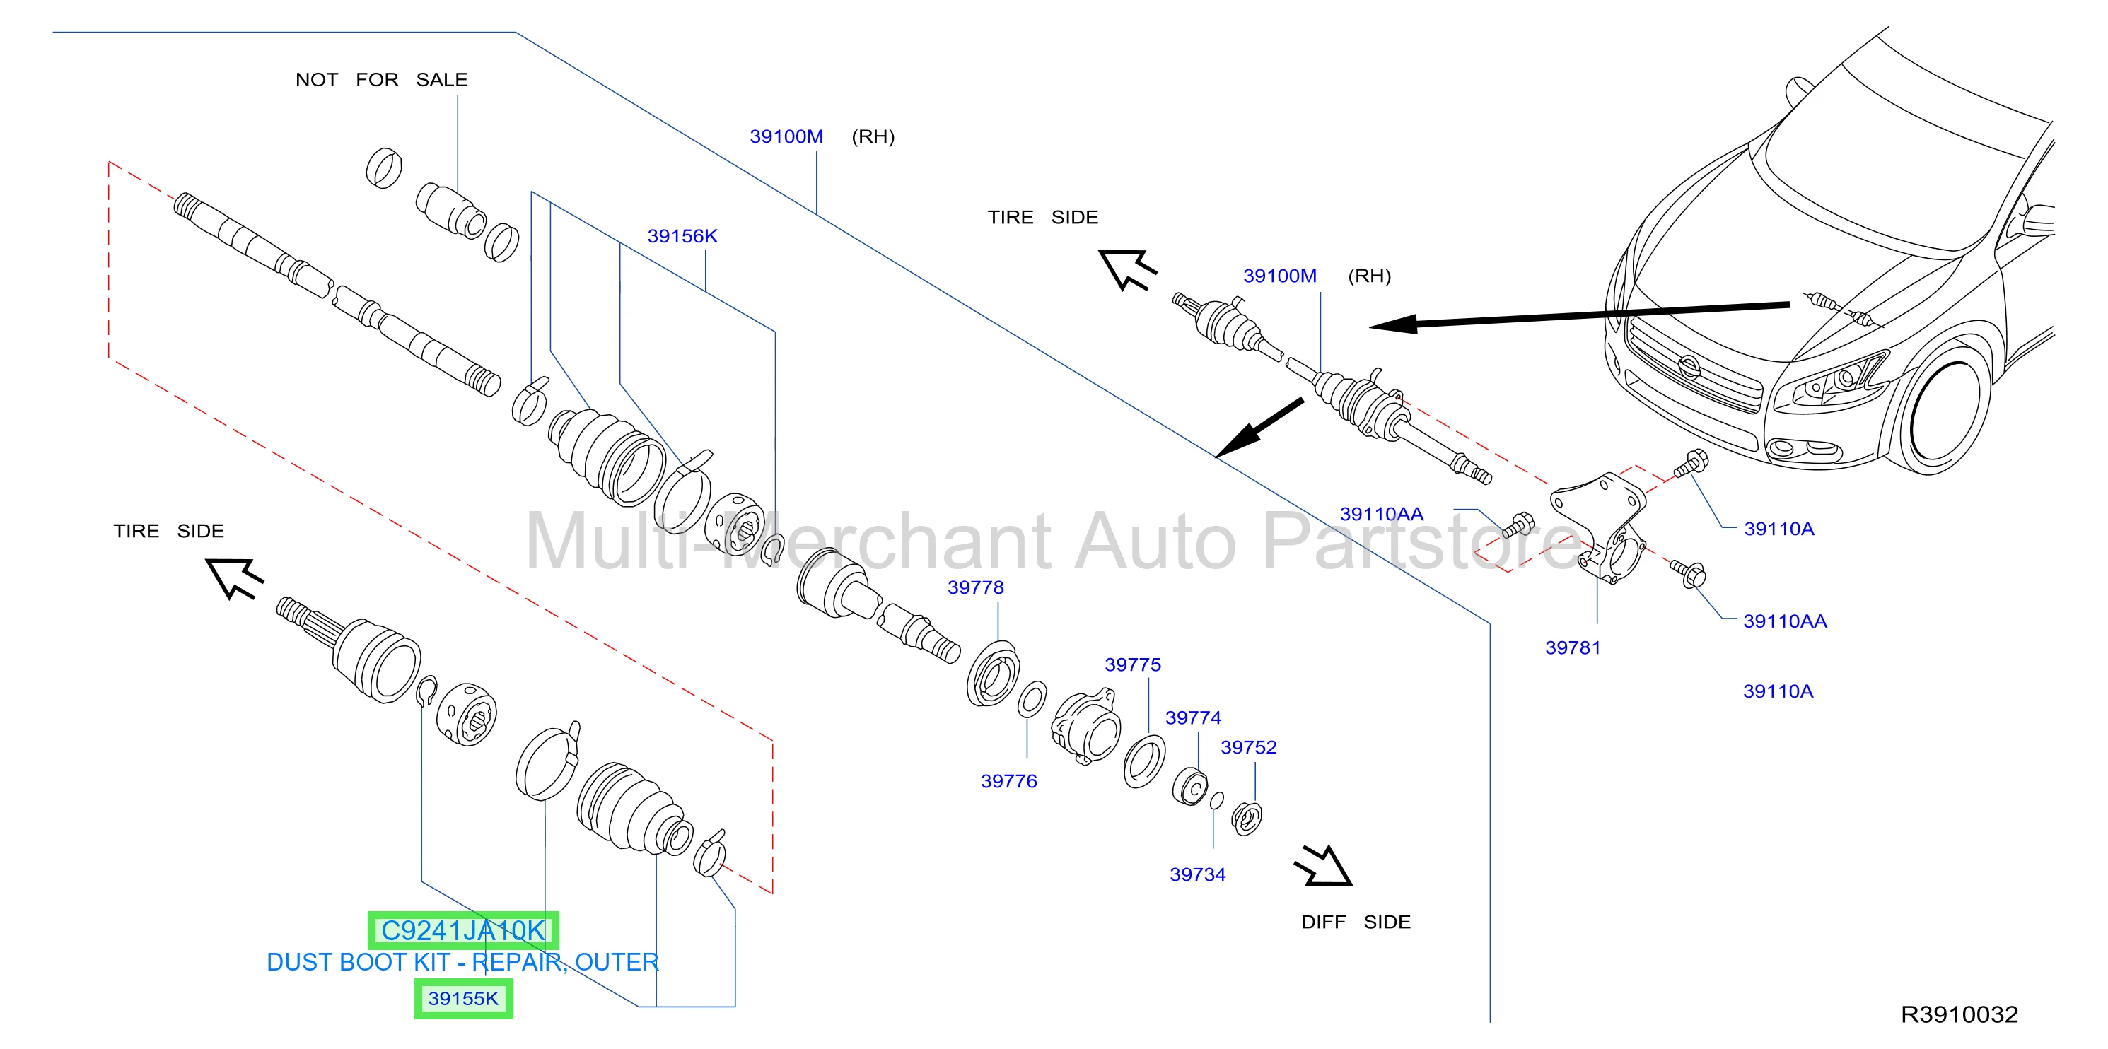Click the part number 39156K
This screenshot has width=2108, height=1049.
(x=682, y=237)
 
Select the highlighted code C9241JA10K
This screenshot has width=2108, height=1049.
(x=463, y=931)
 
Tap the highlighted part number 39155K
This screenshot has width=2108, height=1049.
(x=463, y=999)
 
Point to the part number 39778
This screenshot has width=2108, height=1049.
(x=975, y=587)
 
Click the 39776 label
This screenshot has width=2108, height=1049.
(x=1009, y=781)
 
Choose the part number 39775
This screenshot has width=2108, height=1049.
(x=1133, y=664)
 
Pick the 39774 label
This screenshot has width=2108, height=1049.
(x=1193, y=717)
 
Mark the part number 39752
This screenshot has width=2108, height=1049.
(x=1249, y=747)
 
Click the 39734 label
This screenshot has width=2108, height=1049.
(x=1198, y=874)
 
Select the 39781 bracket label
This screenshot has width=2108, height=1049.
(x=1573, y=648)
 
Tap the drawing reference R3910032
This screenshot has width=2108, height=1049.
(x=1959, y=1014)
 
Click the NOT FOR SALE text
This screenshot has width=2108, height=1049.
(x=381, y=80)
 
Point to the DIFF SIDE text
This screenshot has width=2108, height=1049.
(x=1356, y=922)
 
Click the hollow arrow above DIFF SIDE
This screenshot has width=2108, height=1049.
(x=1324, y=866)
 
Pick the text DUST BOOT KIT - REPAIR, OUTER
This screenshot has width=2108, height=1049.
(x=463, y=962)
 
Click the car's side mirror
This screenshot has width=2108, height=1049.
(x=2041, y=218)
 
